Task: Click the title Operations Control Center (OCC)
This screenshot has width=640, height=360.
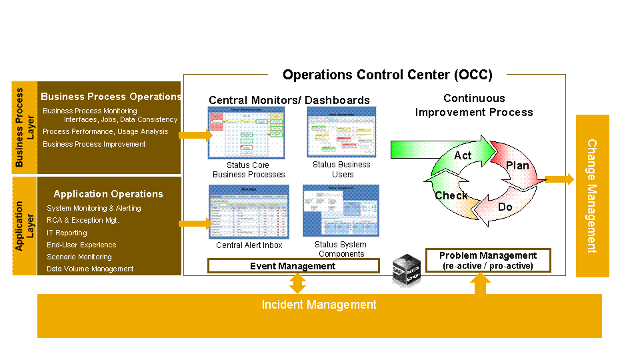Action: click(387, 74)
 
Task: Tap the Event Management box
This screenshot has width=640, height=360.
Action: click(293, 266)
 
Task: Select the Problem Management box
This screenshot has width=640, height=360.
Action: click(488, 260)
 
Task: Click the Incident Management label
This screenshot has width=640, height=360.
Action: click(319, 305)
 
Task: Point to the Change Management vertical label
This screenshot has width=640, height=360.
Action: click(591, 196)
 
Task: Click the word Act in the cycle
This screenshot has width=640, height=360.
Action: click(463, 155)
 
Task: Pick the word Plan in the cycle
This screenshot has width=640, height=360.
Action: click(517, 165)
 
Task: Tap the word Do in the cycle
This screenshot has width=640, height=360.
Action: click(505, 207)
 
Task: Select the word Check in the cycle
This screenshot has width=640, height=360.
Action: click(451, 195)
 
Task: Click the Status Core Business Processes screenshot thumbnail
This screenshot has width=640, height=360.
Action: click(247, 132)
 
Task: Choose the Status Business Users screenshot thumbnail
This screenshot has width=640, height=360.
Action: click(341, 132)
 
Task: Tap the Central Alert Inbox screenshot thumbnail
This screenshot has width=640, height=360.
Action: click(249, 211)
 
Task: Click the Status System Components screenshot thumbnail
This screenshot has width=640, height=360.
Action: click(341, 210)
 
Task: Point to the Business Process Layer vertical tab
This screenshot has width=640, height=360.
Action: click(24, 127)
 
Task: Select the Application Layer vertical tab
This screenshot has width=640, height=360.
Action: click(24, 225)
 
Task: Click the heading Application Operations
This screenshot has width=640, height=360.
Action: click(108, 194)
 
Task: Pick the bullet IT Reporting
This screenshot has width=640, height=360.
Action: click(67, 233)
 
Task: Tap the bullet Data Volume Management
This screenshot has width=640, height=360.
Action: click(90, 269)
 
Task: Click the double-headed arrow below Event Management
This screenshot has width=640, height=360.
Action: click(297, 284)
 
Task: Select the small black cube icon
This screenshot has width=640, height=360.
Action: click(406, 269)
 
